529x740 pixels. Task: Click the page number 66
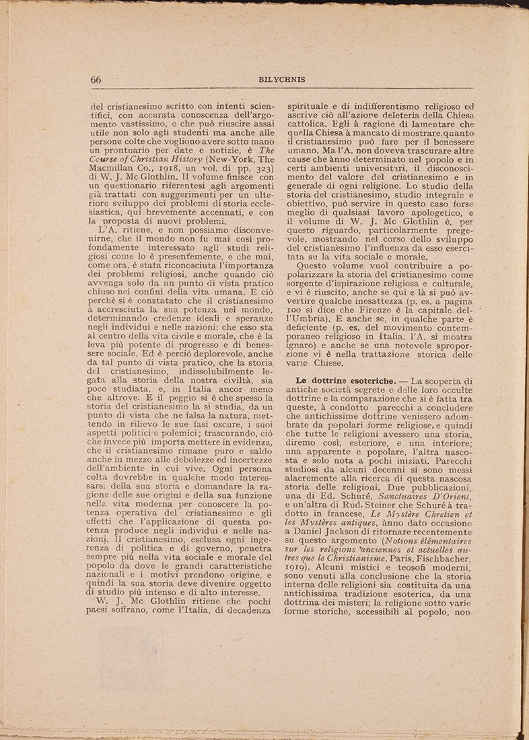point(96,79)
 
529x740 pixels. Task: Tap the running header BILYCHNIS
point(282,79)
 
